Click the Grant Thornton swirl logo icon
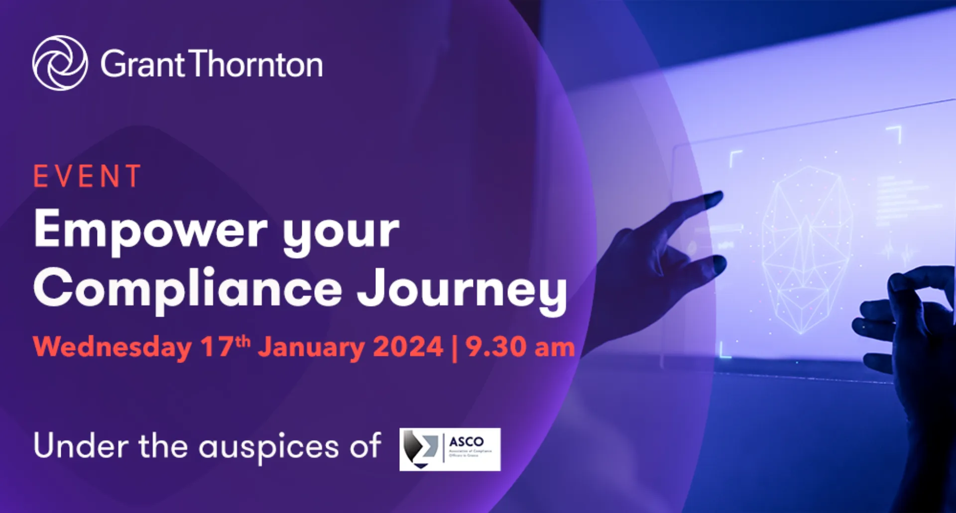tap(60, 63)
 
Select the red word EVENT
tap(88, 176)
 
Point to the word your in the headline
tap(341, 232)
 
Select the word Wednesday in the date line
tap(113, 347)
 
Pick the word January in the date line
tap(311, 348)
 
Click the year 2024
tap(408, 347)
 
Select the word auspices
tap(268, 447)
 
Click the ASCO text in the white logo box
tap(467, 442)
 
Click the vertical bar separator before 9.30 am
tap(455, 348)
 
